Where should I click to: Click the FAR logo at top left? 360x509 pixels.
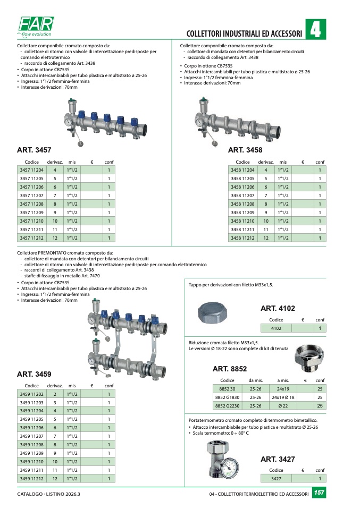coord(36,27)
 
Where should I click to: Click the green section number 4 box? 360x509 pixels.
coord(315,29)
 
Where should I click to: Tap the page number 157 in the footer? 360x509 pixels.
coord(319,493)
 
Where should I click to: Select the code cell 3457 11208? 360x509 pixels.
coord(31,204)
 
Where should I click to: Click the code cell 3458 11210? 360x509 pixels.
coord(242,221)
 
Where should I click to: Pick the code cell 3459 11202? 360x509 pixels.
coord(31,394)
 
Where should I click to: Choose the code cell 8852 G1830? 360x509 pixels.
coord(227,397)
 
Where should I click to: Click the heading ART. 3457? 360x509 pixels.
coord(34,150)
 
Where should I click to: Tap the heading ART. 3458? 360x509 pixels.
coord(245,150)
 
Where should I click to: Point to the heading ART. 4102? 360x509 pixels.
coord(278,308)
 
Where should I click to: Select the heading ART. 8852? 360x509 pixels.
coord(230,369)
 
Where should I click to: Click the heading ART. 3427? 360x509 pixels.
coord(278,460)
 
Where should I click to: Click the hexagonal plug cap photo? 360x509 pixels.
coord(213,312)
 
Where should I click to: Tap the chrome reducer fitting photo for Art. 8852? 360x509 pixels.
coord(309,359)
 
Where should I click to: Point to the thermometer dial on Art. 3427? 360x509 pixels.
coord(230,469)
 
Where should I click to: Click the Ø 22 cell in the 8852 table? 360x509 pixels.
coord(283,406)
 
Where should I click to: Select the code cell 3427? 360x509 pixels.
coord(276,479)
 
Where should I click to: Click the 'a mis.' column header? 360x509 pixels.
coord(283,380)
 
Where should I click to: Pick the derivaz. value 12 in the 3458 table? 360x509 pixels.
coord(266,238)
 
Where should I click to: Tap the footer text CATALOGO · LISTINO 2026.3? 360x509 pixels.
coord(48,494)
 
